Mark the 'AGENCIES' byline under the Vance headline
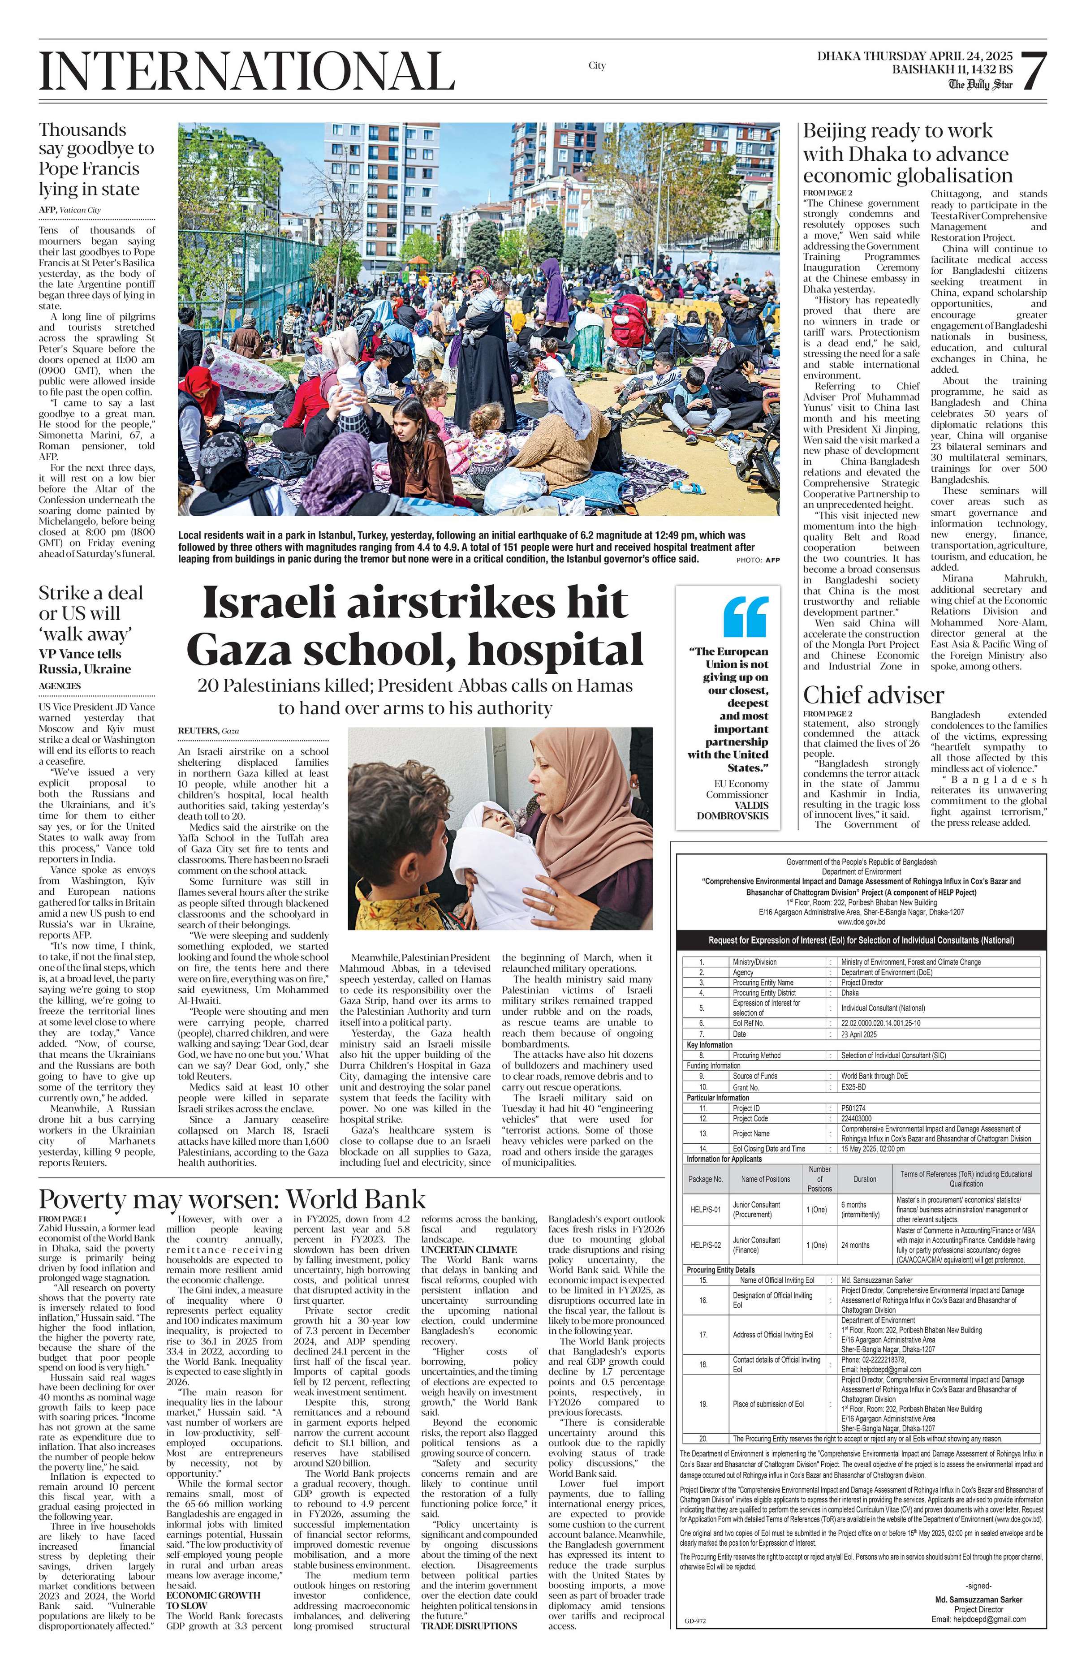pos(60,685)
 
